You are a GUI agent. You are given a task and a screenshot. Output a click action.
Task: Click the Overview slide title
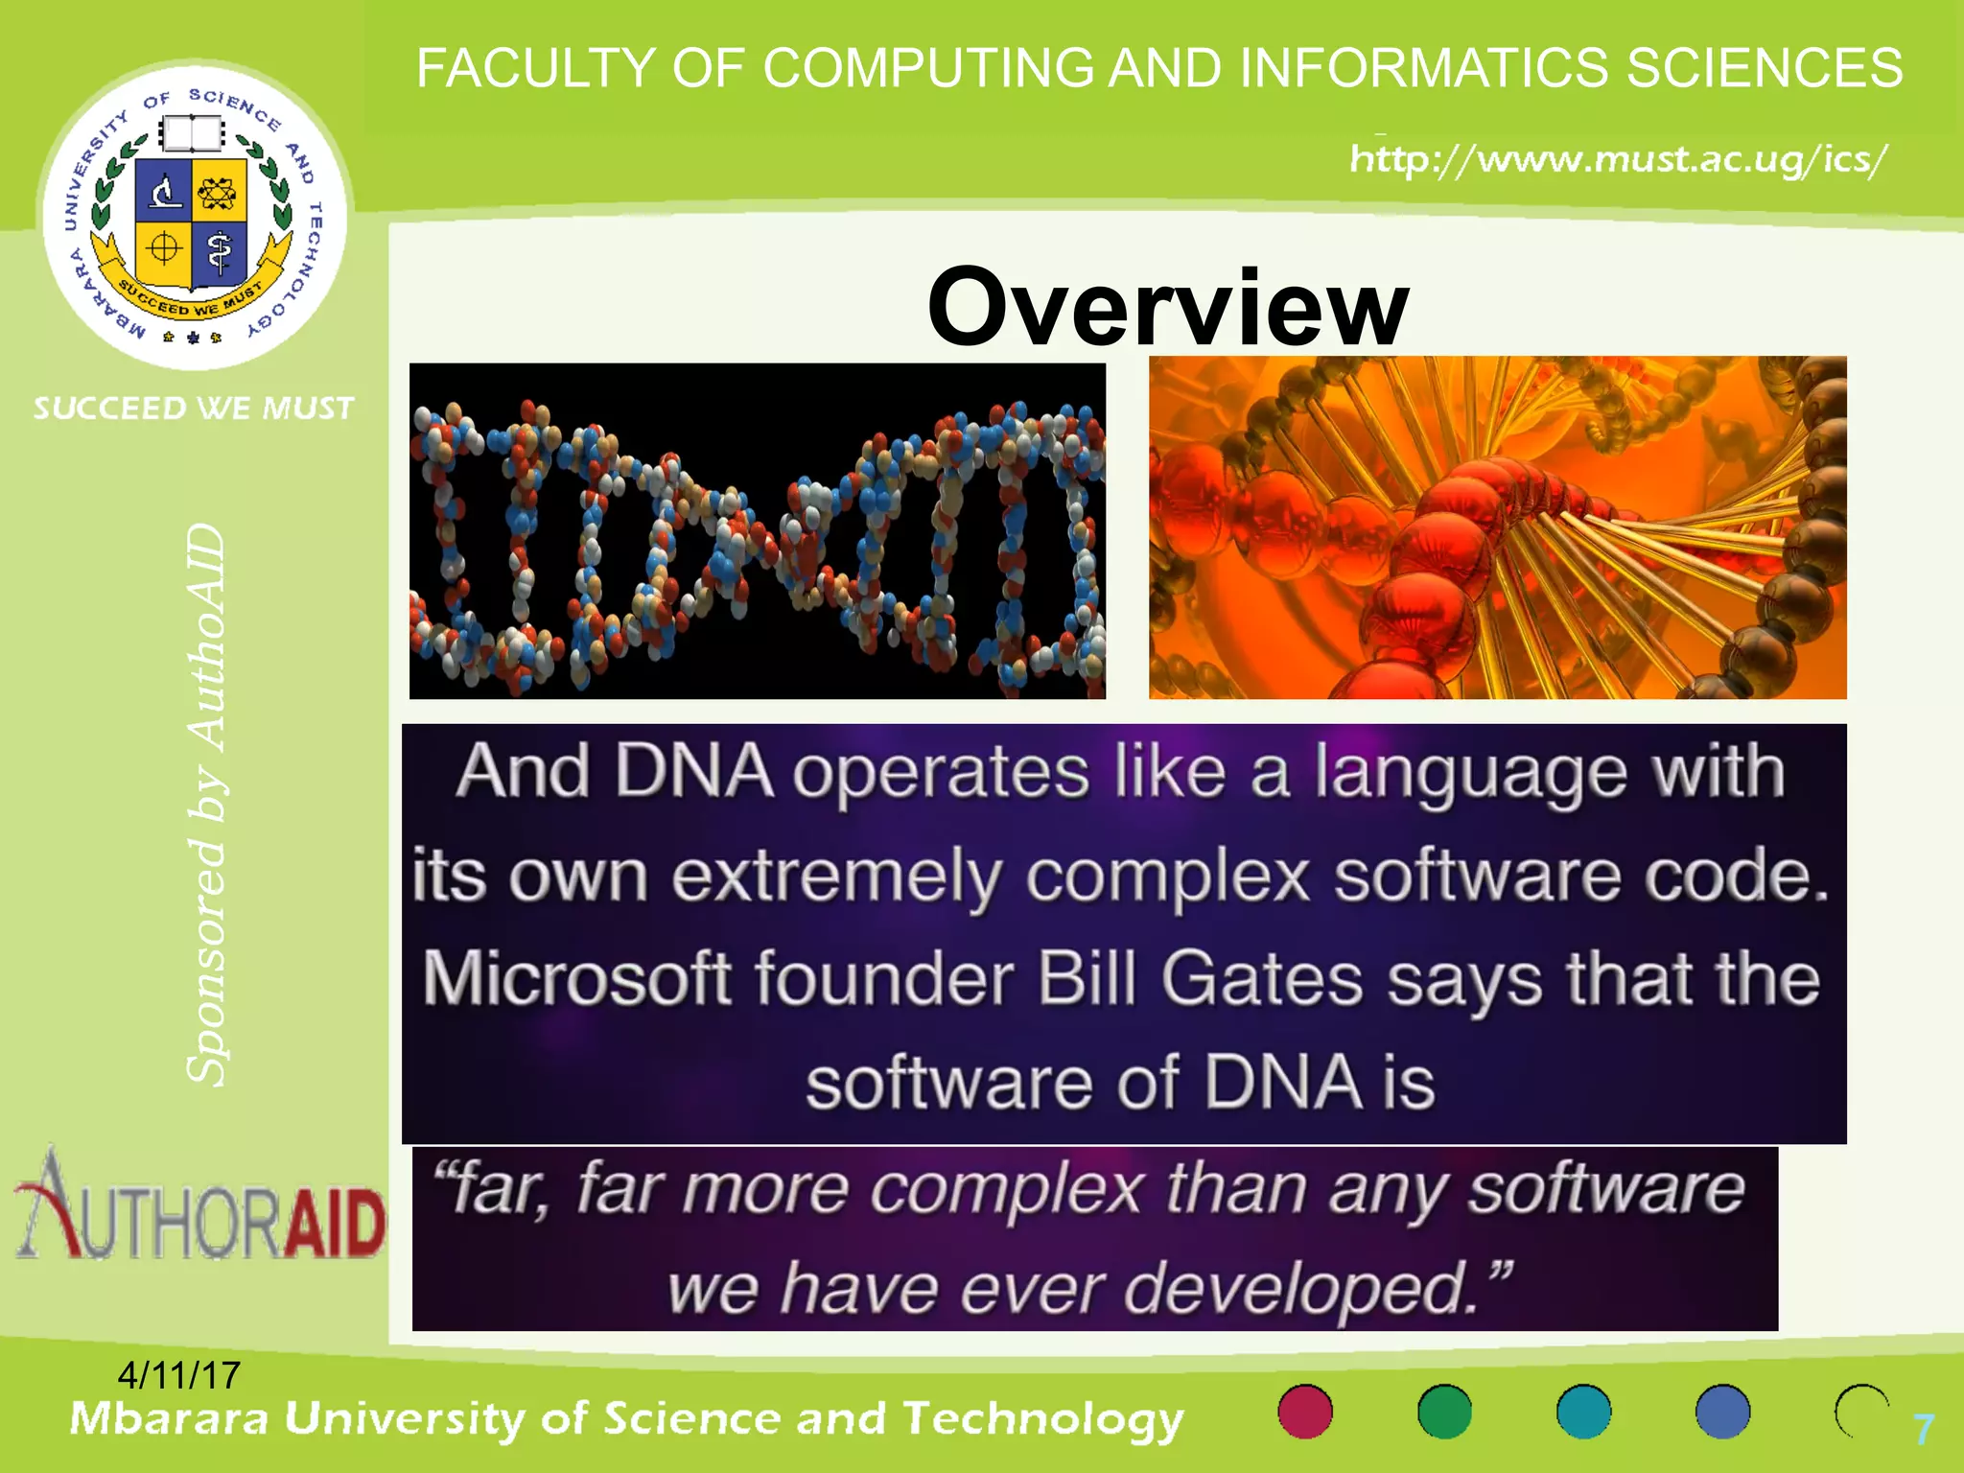tap(1167, 307)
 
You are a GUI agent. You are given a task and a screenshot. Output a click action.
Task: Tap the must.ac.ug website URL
tap(1618, 158)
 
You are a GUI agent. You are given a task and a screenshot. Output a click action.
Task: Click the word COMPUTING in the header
tap(928, 69)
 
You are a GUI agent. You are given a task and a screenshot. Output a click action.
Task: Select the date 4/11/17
tap(178, 1375)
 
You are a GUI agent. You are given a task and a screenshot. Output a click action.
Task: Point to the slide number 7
tap(1923, 1430)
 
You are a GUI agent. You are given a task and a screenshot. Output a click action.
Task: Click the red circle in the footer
tap(1305, 1412)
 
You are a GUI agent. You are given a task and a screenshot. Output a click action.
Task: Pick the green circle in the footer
tap(1444, 1412)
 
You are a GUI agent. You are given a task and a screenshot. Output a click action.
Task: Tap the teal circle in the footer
tap(1583, 1412)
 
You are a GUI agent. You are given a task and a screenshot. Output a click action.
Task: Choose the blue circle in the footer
tap(1722, 1412)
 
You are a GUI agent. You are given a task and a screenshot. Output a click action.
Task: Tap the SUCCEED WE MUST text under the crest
tap(194, 409)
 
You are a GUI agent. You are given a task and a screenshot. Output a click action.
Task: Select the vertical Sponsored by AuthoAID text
tap(206, 806)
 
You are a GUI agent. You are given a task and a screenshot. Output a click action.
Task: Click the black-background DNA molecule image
tap(758, 531)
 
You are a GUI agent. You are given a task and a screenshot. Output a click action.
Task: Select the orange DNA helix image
tap(1497, 527)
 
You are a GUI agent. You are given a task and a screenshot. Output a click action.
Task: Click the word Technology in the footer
tap(1042, 1419)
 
